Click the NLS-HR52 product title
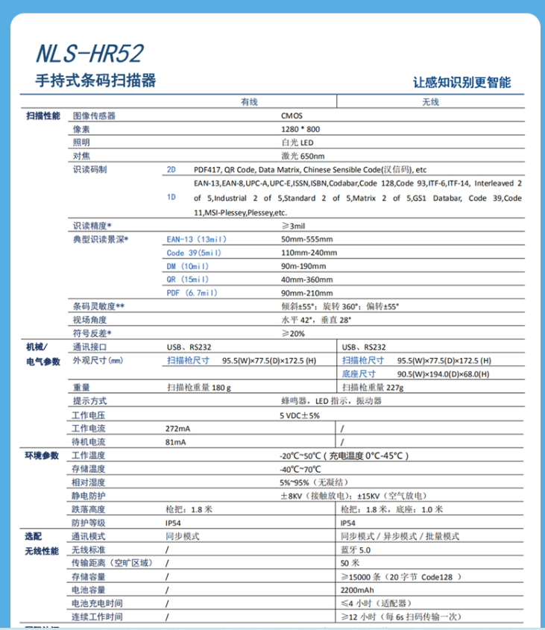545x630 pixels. [89, 53]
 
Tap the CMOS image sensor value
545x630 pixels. [292, 116]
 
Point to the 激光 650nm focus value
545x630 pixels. [303, 156]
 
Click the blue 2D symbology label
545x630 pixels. [171, 169]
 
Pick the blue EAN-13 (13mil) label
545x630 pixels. [195, 239]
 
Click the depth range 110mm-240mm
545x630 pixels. [308, 253]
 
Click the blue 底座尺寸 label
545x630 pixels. [359, 374]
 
